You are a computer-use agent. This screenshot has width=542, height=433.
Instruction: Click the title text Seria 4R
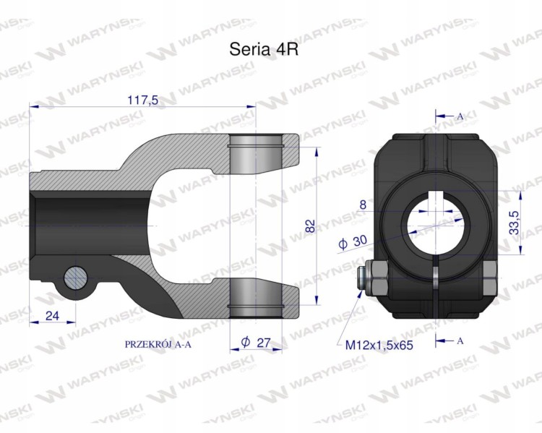pyautogui.click(x=264, y=49)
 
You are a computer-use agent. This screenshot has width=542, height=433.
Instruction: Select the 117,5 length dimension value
pyautogui.click(x=143, y=100)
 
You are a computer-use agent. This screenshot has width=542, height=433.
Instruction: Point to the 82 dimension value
pyautogui.click(x=311, y=226)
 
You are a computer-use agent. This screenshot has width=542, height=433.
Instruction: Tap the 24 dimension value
pyautogui.click(x=53, y=315)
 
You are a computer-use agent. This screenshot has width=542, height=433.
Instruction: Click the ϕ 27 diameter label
pyautogui.click(x=256, y=343)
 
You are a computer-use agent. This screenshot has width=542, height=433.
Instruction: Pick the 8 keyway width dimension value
pyautogui.click(x=363, y=205)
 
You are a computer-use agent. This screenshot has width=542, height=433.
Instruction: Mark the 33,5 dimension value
pyautogui.click(x=515, y=223)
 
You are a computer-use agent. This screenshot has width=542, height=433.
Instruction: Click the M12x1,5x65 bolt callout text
pyautogui.click(x=379, y=345)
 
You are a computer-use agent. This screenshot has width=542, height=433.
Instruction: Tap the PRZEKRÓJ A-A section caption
pyautogui.click(x=158, y=344)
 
